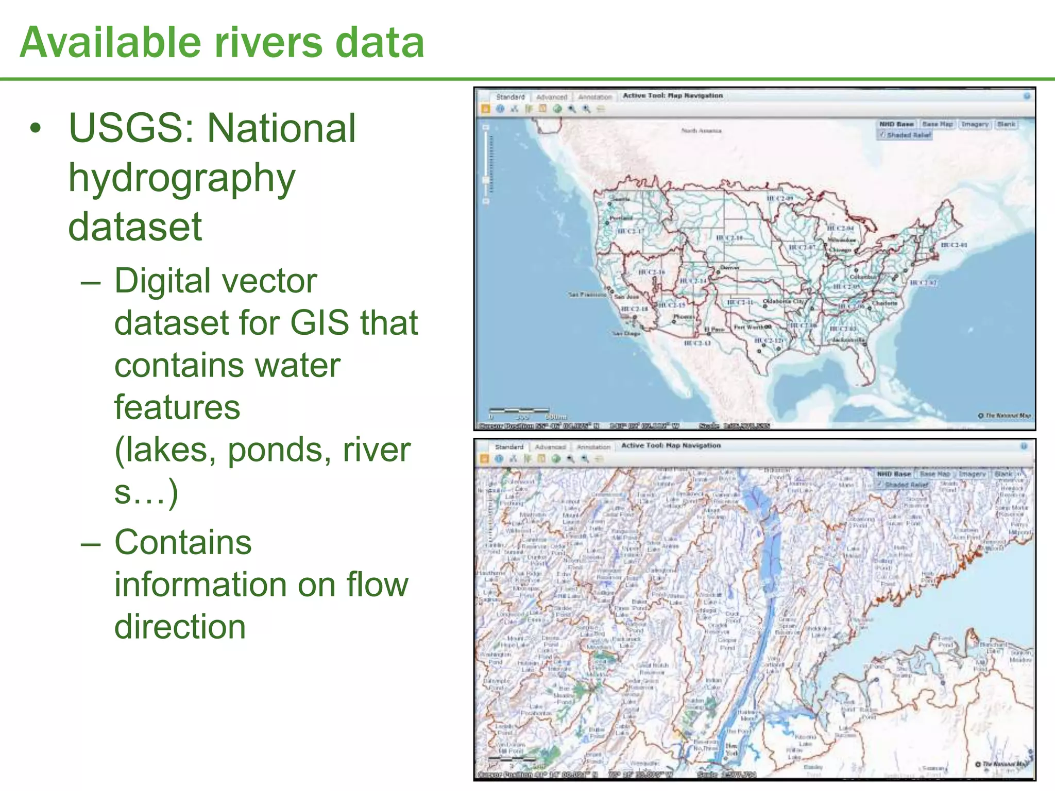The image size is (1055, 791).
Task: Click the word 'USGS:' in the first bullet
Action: [132, 129]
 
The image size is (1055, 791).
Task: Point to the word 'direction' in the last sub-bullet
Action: [180, 627]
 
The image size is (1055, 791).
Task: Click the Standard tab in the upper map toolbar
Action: [510, 97]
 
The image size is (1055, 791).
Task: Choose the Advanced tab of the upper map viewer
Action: [551, 97]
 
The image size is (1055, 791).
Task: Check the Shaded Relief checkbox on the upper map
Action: [882, 135]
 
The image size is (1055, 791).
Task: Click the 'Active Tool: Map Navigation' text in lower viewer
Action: [671, 445]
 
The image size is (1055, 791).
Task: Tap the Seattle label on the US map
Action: [620, 199]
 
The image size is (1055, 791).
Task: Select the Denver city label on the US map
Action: [729, 268]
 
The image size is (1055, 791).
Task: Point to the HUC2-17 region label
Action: [630, 231]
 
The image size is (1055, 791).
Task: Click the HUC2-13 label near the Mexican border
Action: [697, 343]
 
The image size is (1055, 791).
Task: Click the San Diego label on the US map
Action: [626, 334]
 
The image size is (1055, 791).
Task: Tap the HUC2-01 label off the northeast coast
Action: [954, 245]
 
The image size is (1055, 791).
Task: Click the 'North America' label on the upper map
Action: [701, 131]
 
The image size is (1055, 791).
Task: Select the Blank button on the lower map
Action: [1003, 474]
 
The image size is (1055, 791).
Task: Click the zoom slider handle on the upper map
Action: [486, 180]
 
